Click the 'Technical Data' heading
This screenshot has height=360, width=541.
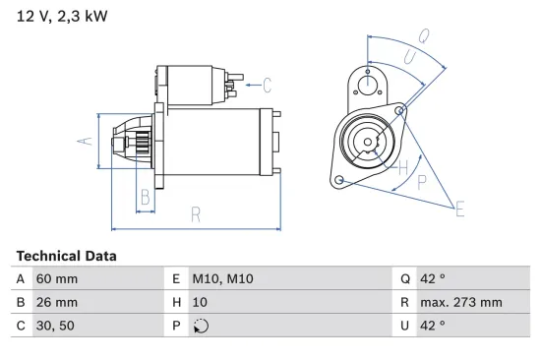[x=66, y=256]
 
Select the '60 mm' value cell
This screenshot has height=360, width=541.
[x=56, y=279]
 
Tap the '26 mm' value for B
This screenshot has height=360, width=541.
[x=56, y=302]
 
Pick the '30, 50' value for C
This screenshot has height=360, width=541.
[x=55, y=325]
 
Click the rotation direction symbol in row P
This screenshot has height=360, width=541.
[x=203, y=326]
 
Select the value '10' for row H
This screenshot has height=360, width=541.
[x=201, y=302]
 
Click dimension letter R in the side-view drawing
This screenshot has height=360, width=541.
[x=196, y=212]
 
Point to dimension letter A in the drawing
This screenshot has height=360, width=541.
[x=85, y=141]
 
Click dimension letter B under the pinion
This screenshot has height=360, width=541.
[x=145, y=196]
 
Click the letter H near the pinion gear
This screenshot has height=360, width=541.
[x=402, y=168]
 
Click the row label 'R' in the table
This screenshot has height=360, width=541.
[x=404, y=302]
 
